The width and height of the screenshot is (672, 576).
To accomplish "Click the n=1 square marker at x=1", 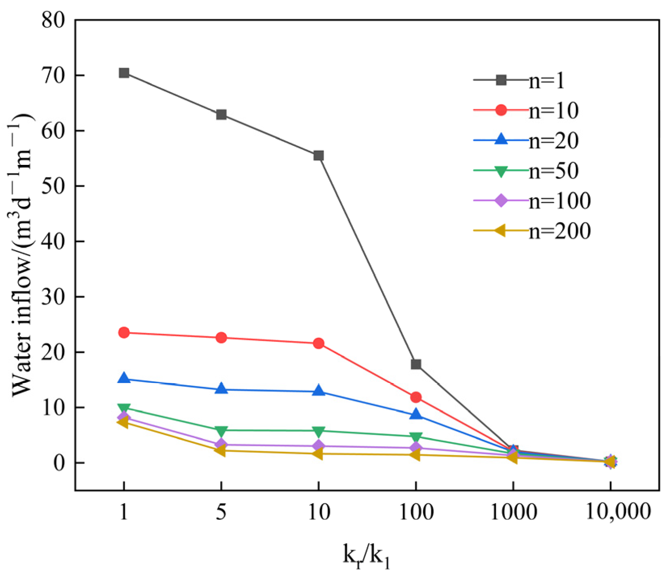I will coord(124,73).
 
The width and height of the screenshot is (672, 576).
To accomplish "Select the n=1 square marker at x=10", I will coord(318,156).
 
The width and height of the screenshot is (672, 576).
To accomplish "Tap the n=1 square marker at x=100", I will coord(416,364).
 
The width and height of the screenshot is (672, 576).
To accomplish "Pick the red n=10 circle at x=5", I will coord(221,338).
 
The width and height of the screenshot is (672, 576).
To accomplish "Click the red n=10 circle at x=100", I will coord(416,397).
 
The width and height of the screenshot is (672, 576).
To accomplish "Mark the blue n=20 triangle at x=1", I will coord(124,379).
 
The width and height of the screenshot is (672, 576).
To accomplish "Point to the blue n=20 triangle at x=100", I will coord(416,415).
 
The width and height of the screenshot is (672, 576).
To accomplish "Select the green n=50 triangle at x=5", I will coord(221,431).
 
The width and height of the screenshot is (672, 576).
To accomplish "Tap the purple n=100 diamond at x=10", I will coord(318,446).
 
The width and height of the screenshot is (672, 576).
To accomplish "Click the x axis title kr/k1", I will coord(366,556).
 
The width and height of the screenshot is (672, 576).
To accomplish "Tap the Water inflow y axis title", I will coord(22,255).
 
